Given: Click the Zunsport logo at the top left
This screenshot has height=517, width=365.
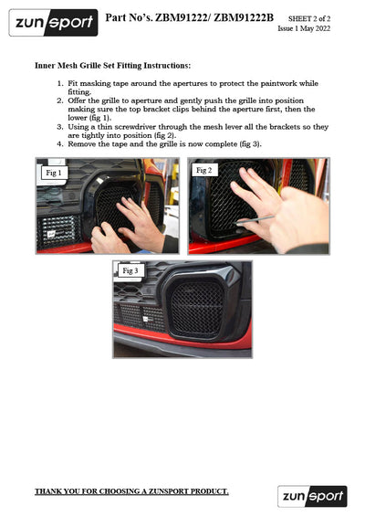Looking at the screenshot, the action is coord(53,23).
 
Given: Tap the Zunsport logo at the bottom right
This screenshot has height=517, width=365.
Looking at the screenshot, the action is coord(312,496).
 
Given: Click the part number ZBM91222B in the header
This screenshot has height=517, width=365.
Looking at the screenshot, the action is coord(244,17).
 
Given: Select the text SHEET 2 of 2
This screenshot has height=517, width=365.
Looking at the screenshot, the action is coord(309,19).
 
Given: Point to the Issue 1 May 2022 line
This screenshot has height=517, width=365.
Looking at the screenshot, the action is coord(304,28).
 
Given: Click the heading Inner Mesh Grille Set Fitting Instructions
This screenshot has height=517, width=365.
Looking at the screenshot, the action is coord(112,66).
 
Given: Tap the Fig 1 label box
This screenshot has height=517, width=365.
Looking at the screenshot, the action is coord(54,173).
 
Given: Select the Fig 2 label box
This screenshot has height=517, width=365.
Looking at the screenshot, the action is coord(203,170).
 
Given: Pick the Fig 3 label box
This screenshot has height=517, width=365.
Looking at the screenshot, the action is coord(130,270).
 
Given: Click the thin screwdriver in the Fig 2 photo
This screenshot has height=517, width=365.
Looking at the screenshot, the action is coord(255,220).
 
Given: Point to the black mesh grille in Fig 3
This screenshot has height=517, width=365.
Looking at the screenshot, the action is coord(197,308).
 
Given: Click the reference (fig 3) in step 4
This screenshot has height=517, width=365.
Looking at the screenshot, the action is coord(250,144).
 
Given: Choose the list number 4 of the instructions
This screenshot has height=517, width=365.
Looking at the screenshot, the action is coord(59,144).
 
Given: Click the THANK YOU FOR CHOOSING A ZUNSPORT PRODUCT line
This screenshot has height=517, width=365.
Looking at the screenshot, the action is coord(131,491).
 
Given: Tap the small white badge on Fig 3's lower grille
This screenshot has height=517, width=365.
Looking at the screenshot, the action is coord(146,319).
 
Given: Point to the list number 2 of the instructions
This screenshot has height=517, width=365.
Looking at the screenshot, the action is coord(59,100).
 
